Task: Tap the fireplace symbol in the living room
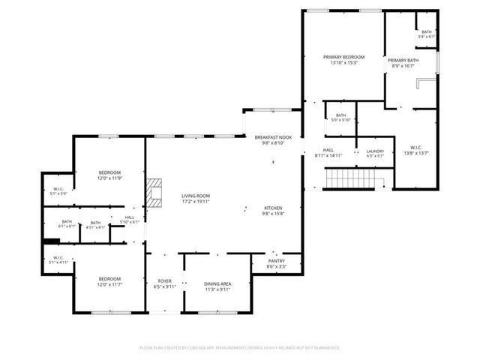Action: (154, 192)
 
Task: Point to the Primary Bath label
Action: (403, 62)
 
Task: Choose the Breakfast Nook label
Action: (273, 140)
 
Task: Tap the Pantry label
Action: (276, 263)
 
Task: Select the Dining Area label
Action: (217, 286)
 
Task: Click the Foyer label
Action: (164, 286)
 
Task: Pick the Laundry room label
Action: (375, 154)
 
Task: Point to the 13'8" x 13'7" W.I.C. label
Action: (418, 150)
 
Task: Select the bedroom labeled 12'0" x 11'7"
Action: (109, 283)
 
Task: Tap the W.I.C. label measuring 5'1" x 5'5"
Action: (59, 191)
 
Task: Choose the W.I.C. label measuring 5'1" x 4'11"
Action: (59, 260)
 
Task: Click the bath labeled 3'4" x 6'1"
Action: (427, 34)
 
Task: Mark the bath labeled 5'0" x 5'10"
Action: (340, 118)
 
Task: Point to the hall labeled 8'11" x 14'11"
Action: (332, 154)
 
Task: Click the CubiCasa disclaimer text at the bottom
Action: (240, 348)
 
